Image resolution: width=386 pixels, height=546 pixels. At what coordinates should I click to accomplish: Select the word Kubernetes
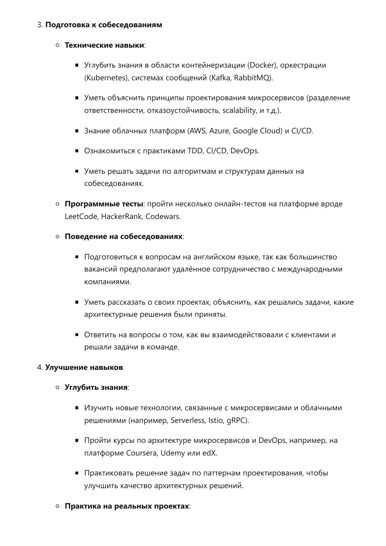[106, 78]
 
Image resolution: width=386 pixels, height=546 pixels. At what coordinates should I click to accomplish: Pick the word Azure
[219, 131]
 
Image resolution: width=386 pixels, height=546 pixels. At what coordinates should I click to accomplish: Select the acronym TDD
[195, 151]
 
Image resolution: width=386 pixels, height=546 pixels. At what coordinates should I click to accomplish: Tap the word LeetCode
[81, 216]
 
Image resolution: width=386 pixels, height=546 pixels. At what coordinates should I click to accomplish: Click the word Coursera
[142, 453]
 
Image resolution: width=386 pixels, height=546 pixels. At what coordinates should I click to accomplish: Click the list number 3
[40, 25]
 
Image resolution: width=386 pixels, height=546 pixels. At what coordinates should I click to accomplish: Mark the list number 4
[40, 368]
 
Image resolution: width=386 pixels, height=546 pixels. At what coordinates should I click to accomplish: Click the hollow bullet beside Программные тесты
[57, 204]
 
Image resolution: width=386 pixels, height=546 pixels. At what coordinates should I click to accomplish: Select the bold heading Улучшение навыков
[84, 368]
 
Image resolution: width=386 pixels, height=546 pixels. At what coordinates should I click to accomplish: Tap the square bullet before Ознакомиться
[77, 151]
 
